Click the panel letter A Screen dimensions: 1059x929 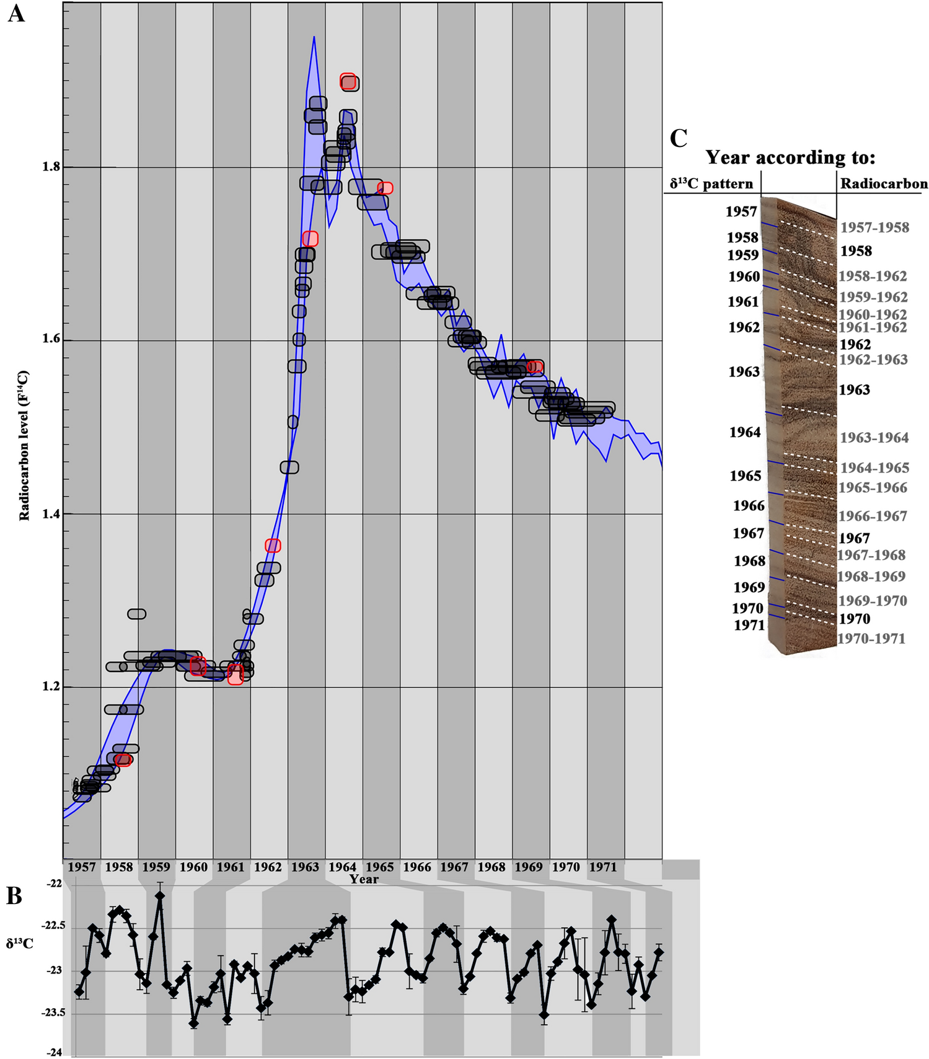pos(16,13)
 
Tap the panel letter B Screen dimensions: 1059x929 pos(14,896)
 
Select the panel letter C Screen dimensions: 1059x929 pos(679,138)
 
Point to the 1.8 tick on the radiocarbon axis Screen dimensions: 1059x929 pos(52,167)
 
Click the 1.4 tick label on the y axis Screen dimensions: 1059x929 pos(52,513)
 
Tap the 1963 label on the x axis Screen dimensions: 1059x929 pos(305,867)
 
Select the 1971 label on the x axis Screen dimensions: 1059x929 pos(603,867)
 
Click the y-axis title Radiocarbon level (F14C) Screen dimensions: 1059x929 pos(24,445)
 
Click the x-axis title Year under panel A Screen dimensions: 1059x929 pos(363,879)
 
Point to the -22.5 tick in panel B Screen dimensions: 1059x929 pos(53,926)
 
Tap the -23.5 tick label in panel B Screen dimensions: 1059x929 pos(53,1013)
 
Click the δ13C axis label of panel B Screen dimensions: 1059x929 pos(20,944)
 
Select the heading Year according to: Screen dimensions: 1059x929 pos(790,157)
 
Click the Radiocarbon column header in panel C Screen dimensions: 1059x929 pos(884,184)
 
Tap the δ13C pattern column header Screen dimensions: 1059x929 pos(711,184)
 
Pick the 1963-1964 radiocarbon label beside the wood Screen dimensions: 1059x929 pos(874,438)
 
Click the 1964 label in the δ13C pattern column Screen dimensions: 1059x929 pos(744,432)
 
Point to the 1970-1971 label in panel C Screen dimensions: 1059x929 pos(871,639)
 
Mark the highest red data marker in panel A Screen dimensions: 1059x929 pos(348,81)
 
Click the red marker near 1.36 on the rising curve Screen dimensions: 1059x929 pos(273,546)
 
